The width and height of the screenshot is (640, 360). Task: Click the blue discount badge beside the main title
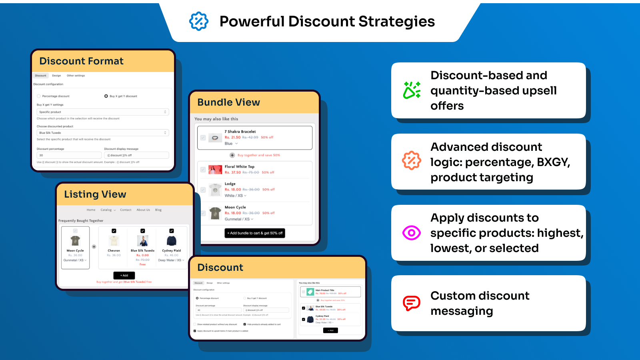point(198,21)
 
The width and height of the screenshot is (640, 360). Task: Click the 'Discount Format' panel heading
point(81,61)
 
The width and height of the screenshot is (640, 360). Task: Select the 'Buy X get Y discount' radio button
point(106,96)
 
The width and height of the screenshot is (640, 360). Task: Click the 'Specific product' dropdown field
point(102,112)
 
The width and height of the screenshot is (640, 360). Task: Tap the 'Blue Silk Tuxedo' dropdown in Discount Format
point(102,133)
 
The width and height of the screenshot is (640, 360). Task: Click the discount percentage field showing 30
point(69,155)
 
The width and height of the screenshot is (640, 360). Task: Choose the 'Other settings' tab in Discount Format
point(76,76)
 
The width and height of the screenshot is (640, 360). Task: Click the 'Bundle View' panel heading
point(228,102)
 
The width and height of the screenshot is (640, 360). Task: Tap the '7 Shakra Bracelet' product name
point(240,132)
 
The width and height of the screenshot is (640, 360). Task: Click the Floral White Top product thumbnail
point(215,170)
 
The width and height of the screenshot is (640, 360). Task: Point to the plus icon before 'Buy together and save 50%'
point(232,155)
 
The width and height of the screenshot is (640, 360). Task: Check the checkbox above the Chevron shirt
point(114,231)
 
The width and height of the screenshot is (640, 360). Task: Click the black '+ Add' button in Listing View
point(124,276)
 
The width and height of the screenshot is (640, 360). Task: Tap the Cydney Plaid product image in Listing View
point(172,241)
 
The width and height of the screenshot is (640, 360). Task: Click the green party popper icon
point(412,90)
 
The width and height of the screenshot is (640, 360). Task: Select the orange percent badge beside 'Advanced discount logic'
point(412,161)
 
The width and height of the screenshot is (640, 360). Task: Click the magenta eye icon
point(412,232)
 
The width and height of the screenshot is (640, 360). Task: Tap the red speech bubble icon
point(412,303)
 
